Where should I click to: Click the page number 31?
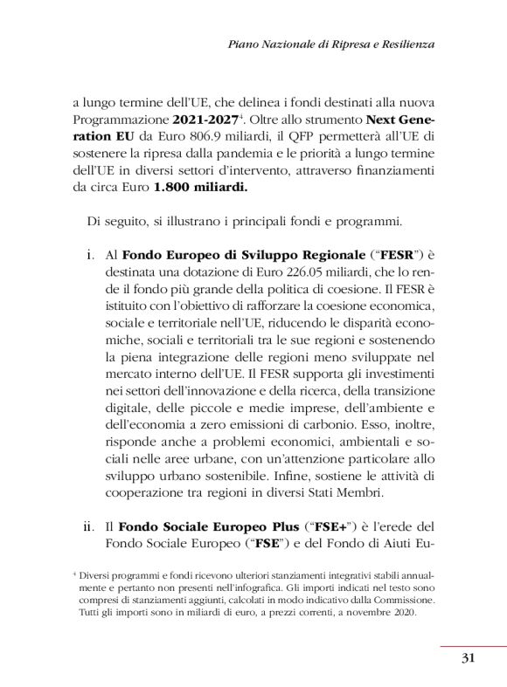(x=468, y=658)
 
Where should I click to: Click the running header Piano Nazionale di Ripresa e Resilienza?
(x=331, y=43)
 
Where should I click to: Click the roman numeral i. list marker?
(x=91, y=256)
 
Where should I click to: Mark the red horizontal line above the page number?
(x=473, y=646)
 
